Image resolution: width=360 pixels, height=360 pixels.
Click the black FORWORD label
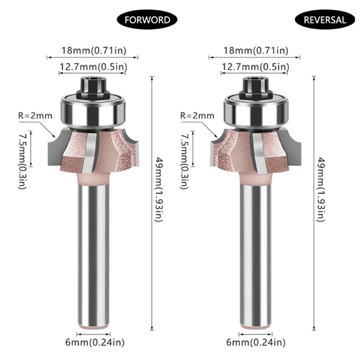pos(147,20)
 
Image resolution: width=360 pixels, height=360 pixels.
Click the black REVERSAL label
pos(325,20)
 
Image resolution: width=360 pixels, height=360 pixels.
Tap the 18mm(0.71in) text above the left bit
pos(94,50)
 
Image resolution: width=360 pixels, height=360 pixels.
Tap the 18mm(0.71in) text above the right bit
pos(256,50)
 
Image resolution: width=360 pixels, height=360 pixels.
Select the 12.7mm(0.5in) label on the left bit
pos(93,67)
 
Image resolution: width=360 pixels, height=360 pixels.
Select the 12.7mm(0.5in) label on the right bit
pos(255,67)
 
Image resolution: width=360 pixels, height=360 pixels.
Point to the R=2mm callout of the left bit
pos(35,115)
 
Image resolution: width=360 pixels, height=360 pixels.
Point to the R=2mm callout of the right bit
pos(197,115)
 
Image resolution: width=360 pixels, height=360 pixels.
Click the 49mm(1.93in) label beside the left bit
pos(159,190)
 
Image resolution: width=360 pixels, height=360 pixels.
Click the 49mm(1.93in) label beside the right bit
pos(321,190)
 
